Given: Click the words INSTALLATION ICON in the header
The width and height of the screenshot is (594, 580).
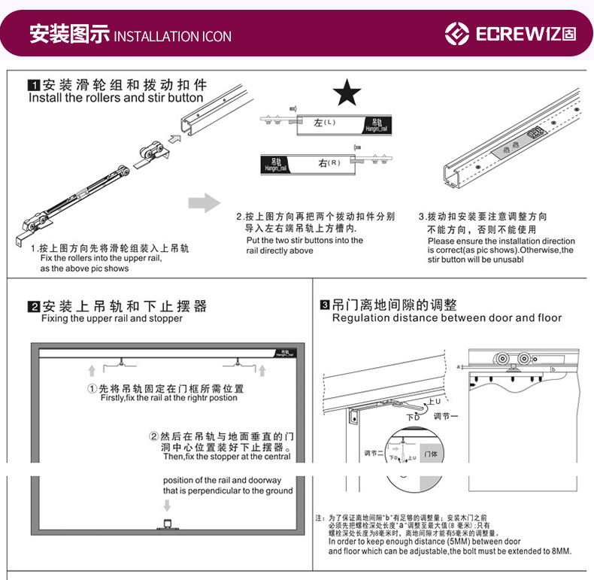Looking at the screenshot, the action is point(172,36).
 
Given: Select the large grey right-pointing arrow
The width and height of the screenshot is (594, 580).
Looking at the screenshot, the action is point(203,202).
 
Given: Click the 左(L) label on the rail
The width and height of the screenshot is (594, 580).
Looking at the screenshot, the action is point(325,122).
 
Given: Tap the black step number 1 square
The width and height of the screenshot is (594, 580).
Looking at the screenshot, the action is point(33,84).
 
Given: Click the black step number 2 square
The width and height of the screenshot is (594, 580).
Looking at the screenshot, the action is point(33,306).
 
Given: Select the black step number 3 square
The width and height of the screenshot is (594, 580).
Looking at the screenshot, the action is point(325,305).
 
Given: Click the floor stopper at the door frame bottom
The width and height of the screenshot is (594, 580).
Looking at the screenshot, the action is point(167,525).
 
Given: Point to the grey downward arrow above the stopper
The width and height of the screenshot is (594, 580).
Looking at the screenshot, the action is point(167,505).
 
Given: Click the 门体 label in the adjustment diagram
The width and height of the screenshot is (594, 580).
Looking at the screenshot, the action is point(430,454).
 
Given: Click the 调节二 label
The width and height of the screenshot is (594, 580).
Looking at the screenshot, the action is point(374,453).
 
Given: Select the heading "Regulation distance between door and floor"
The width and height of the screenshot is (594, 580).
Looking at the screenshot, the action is point(447,318).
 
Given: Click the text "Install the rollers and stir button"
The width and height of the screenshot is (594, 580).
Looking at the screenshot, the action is point(116,98).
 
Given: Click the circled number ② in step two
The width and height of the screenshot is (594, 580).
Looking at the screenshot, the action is point(154,436).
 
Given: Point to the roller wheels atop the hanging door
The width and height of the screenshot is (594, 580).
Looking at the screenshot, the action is point(511,360).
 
